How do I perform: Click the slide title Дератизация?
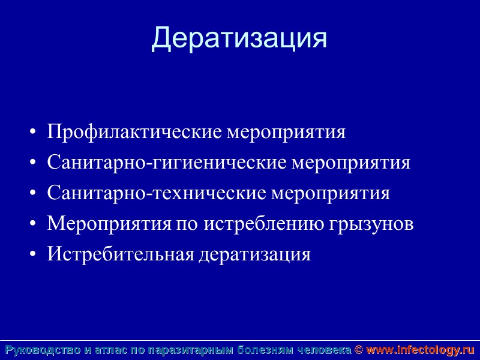pos(239,38)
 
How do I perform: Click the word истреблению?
pos(265,224)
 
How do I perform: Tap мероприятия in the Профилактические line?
pos(286,132)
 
